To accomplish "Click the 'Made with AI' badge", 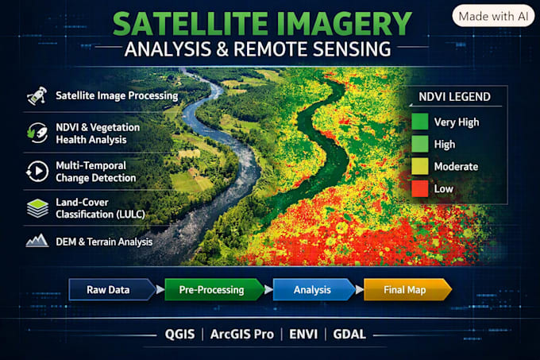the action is point(493,16).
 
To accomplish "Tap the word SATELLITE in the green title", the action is point(191,24).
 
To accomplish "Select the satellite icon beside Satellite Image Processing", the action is point(37,95).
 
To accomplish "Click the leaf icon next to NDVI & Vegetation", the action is point(37,133).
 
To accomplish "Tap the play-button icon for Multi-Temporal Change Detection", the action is point(37,171).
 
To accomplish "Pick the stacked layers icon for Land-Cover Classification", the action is point(37,208).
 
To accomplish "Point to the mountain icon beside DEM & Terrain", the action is point(37,241).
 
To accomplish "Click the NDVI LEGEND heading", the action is point(454,97).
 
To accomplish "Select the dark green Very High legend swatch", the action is point(420,122).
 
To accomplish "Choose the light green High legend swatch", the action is point(420,144).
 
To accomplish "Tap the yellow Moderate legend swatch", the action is point(420,166).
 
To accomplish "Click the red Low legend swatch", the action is point(420,189).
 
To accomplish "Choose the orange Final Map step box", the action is point(407,290).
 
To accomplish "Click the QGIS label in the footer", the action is point(179,334).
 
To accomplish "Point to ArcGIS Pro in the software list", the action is point(242,334).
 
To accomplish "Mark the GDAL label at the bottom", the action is point(349,334).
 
